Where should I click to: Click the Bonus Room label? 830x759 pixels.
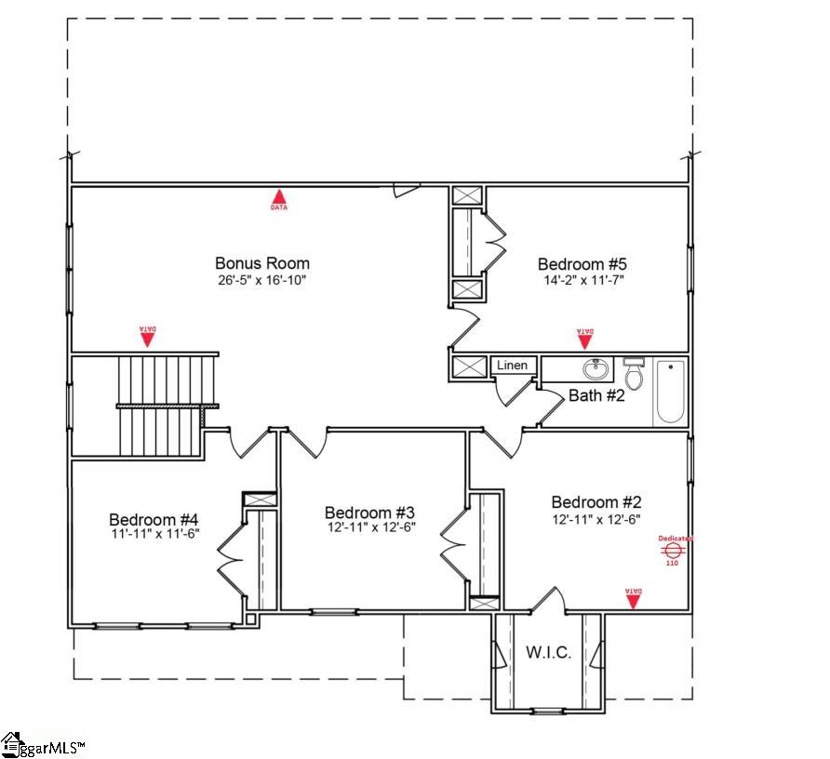pyautogui.click(x=261, y=263)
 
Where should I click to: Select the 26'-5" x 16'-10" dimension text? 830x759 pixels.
pyautogui.click(x=261, y=279)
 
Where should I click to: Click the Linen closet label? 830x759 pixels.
pyautogui.click(x=512, y=366)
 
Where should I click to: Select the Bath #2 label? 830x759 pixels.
pyautogui.click(x=596, y=395)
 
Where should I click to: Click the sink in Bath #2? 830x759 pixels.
pyautogui.click(x=596, y=369)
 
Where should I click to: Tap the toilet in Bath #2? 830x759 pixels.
pyautogui.click(x=634, y=373)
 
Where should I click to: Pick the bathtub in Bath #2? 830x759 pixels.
pyautogui.click(x=670, y=392)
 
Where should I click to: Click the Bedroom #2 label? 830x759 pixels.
pyautogui.click(x=596, y=502)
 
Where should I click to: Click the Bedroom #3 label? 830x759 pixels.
pyautogui.click(x=369, y=513)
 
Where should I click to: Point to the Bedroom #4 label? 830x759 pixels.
pyautogui.click(x=154, y=519)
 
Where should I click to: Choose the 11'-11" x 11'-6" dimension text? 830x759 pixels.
pyautogui.click(x=154, y=533)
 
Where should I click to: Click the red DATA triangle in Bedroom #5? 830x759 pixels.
pyautogui.click(x=585, y=338)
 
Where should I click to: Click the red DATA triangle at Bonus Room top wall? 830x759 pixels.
pyautogui.click(x=279, y=198)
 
